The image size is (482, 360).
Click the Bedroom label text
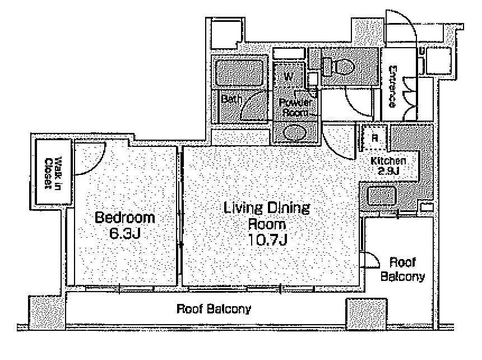point(125,218)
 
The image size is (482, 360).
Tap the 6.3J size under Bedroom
point(125,234)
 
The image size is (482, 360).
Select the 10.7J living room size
point(267,240)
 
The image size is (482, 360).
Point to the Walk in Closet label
point(53,173)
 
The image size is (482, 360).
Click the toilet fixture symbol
point(338,66)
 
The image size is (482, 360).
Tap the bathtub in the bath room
point(240,72)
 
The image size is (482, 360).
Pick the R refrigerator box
point(374,137)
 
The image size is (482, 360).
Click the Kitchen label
point(388,160)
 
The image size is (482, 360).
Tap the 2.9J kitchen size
point(388,171)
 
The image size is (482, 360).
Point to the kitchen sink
point(382,196)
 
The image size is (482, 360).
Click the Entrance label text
point(392,86)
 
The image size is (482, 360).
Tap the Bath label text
point(231,99)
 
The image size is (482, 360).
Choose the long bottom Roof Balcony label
point(214,308)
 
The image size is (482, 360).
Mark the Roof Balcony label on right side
point(402,269)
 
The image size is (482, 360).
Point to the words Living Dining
point(267,208)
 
